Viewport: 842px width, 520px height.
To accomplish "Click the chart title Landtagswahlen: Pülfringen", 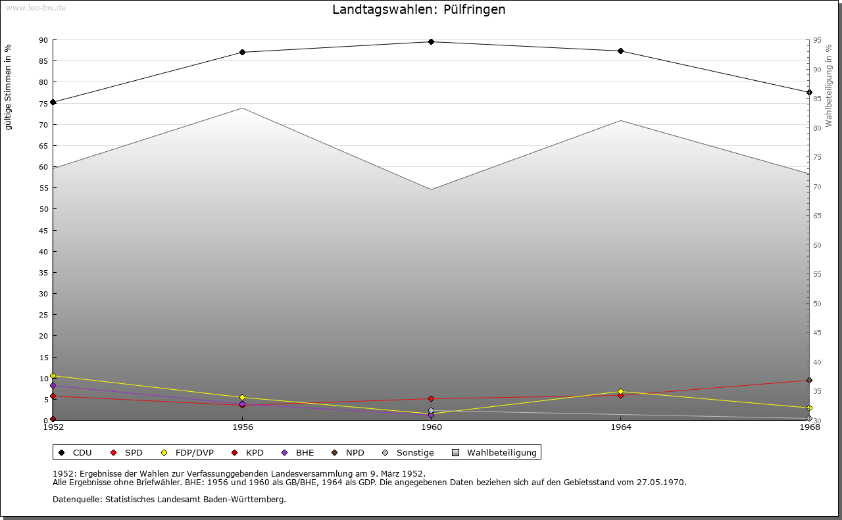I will pyautogui.click(x=419, y=10).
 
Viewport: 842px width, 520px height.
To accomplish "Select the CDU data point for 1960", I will pyautogui.click(x=431, y=41).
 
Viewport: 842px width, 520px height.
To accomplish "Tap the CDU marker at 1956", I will pyautogui.click(x=242, y=52).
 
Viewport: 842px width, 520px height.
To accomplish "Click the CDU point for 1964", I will pyautogui.click(x=620, y=51).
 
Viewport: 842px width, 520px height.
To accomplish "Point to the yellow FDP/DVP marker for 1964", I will pyautogui.click(x=620, y=392).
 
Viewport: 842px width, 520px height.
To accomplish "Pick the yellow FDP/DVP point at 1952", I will pyautogui.click(x=53, y=375).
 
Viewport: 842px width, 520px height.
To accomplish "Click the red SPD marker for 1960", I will pyautogui.click(x=431, y=398).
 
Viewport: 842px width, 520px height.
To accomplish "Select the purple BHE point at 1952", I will pyautogui.click(x=53, y=385).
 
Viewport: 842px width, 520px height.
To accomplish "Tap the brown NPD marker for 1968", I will pyautogui.click(x=809, y=380).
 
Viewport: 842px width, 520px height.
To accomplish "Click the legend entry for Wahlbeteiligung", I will pyautogui.click(x=501, y=452).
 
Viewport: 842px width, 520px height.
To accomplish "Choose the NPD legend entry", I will pyautogui.click(x=355, y=452).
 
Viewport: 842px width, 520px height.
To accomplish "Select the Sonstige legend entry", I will pyautogui.click(x=414, y=452).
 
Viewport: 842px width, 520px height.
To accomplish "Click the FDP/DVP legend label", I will pyautogui.click(x=194, y=452).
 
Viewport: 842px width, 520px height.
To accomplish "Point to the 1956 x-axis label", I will pyautogui.click(x=242, y=427).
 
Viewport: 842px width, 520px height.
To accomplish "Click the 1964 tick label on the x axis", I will pyautogui.click(x=620, y=427).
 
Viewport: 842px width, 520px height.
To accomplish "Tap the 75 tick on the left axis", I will pyautogui.click(x=43, y=103).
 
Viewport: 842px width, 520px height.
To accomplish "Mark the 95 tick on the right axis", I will pyautogui.click(x=817, y=40).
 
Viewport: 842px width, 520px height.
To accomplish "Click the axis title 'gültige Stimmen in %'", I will pyautogui.click(x=9, y=87).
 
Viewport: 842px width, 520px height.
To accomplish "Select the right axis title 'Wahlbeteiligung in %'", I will pyautogui.click(x=829, y=86).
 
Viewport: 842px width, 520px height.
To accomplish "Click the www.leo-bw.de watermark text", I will pyautogui.click(x=35, y=7).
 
